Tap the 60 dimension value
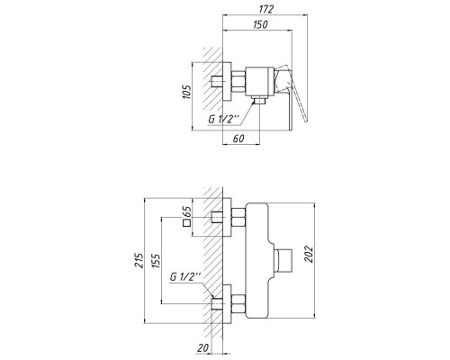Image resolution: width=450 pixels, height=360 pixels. tap(239, 139)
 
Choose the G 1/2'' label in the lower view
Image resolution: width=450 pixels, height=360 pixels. tap(185, 278)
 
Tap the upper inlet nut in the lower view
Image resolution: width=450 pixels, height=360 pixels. tap(238, 218)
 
